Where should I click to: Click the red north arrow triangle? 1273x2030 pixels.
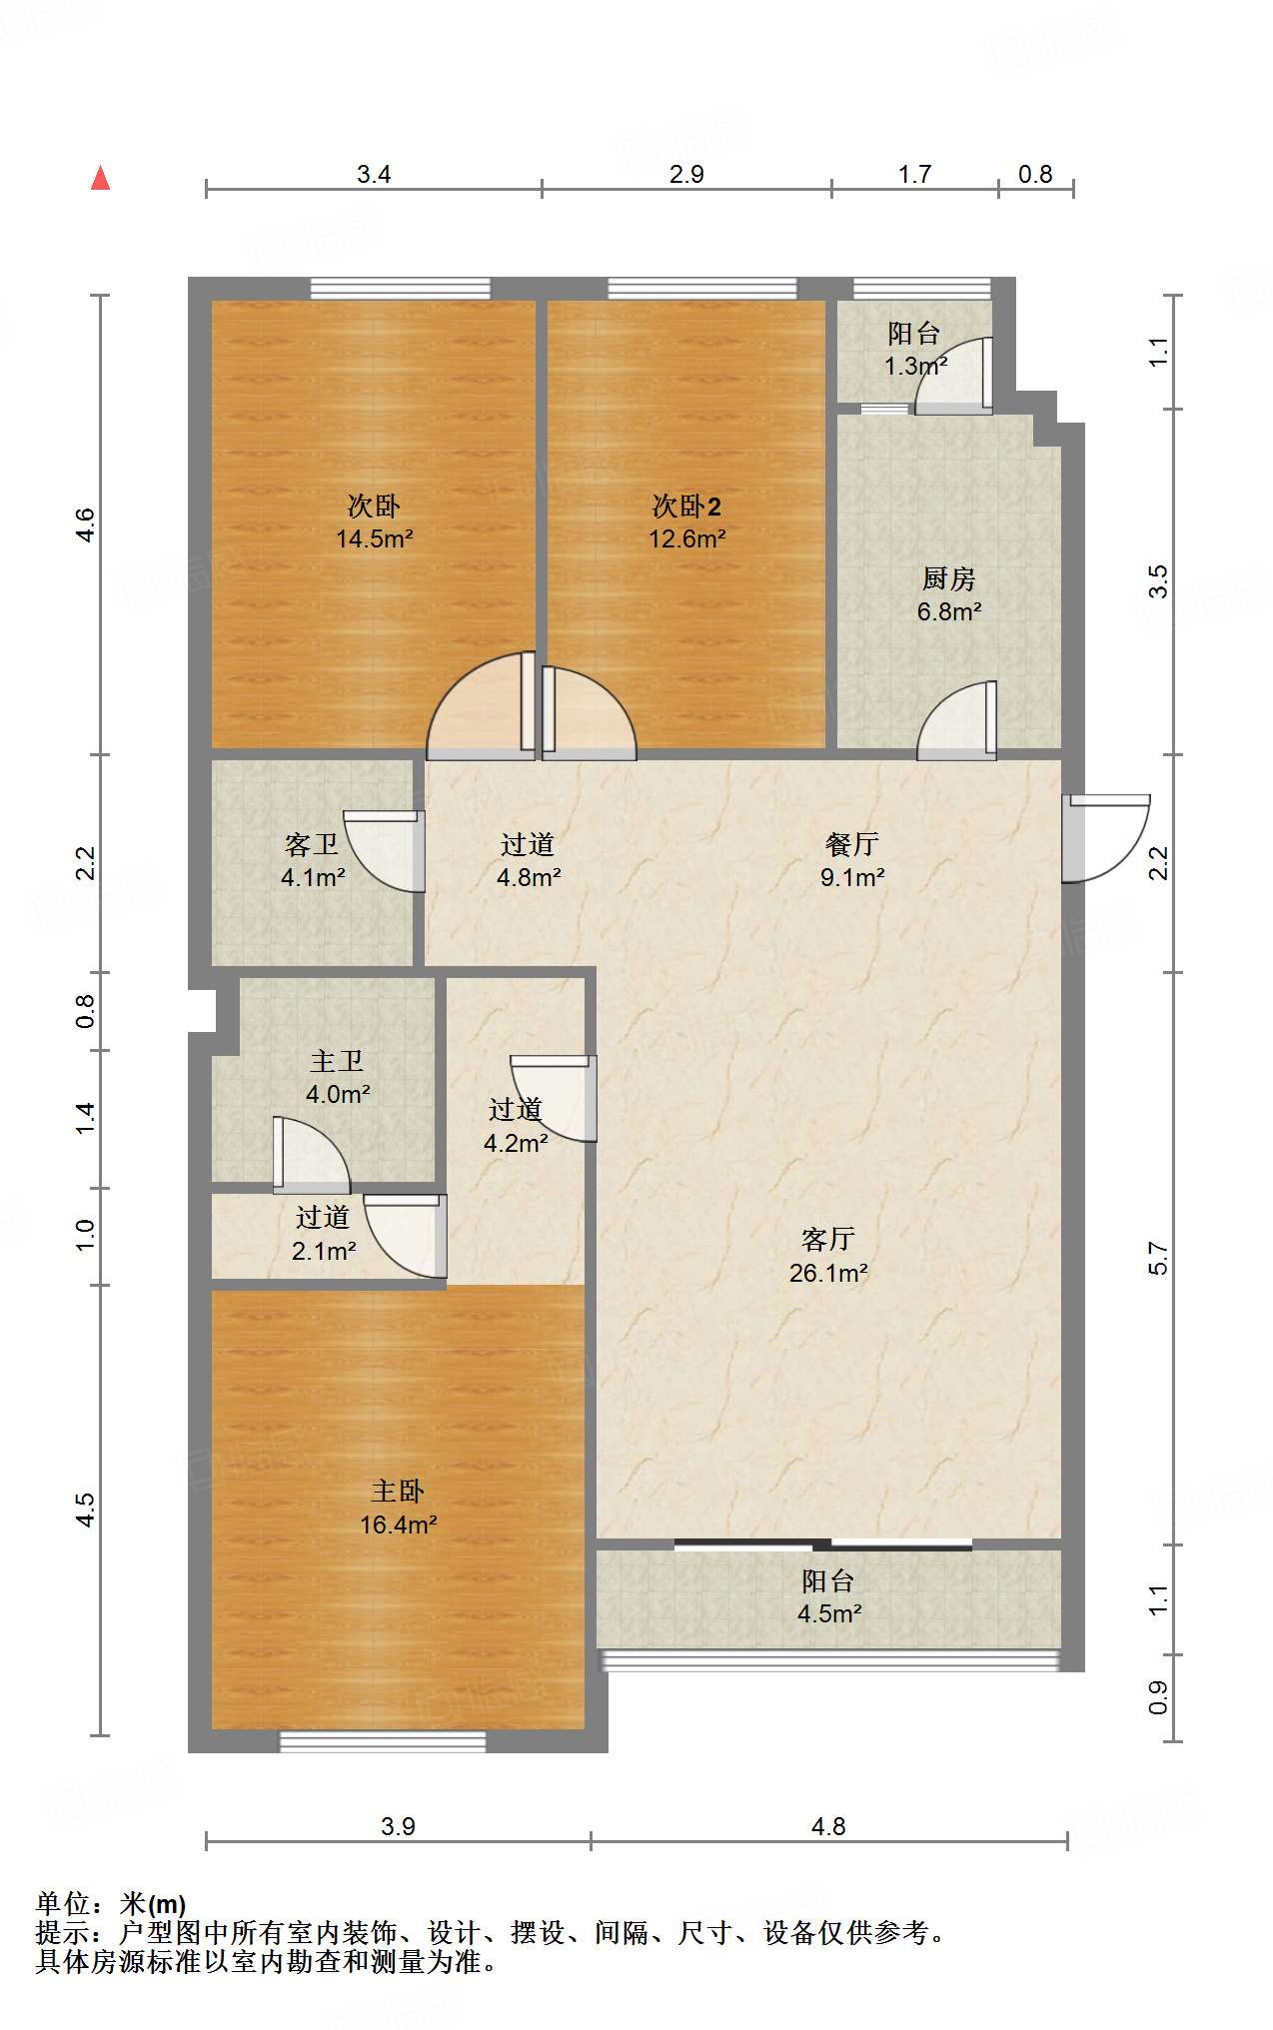click(100, 178)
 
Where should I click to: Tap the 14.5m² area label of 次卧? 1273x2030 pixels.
click(375, 539)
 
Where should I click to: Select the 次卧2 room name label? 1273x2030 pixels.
click(686, 507)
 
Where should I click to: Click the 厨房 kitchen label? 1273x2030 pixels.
click(948, 579)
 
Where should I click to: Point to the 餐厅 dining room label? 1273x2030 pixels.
click(852, 845)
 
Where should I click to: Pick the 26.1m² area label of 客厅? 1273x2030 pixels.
click(828, 1273)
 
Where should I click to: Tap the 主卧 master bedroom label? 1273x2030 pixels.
click(398, 1492)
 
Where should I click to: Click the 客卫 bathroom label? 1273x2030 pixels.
click(312, 845)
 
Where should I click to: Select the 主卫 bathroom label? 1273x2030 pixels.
click(337, 1061)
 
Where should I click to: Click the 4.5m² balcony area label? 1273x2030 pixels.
click(829, 1613)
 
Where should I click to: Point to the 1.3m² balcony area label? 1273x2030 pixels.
click(915, 366)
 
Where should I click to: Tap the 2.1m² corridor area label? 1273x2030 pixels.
click(324, 1251)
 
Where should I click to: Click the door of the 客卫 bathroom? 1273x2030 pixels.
click(384, 850)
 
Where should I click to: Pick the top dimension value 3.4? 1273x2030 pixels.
click(374, 175)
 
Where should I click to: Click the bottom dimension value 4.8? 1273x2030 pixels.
click(828, 1827)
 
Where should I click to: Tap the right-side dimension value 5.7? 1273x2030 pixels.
click(1157, 1259)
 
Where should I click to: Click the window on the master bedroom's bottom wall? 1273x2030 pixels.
click(382, 1741)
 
